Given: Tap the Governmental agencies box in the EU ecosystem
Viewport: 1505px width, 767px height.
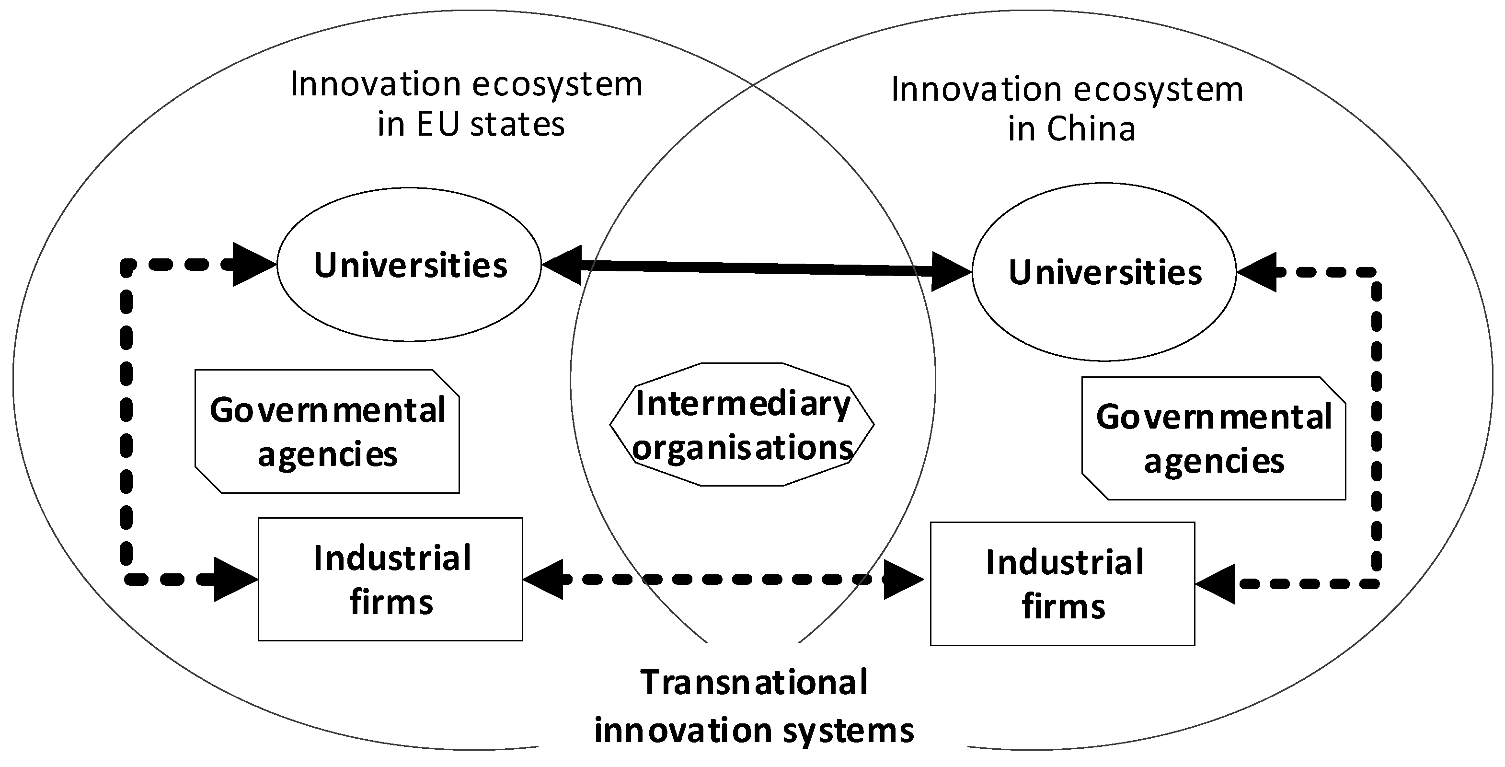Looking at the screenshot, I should coord(327,431).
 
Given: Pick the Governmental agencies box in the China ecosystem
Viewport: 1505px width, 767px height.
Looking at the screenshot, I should coord(1214,439).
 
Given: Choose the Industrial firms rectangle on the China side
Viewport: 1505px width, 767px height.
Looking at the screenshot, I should coord(1062,584).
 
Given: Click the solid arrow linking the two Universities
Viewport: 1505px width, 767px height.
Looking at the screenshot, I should coord(757,268).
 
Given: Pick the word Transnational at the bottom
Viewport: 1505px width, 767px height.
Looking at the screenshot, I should coord(754,682).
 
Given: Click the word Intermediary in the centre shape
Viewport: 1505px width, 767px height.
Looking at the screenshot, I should coord(743,403).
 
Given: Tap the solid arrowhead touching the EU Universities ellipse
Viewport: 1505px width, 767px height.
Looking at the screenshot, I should coord(562,265).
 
